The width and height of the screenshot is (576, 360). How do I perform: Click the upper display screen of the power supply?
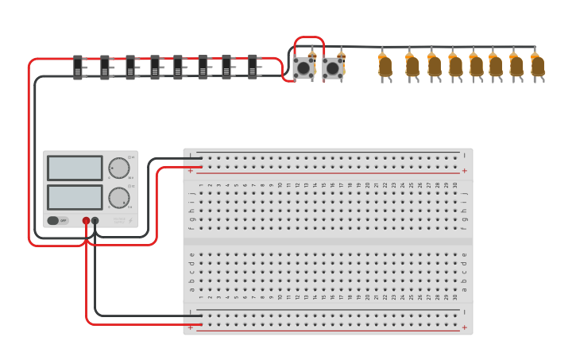pyautogui.click(x=75, y=168)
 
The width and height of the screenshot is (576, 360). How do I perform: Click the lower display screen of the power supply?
pyautogui.click(x=75, y=196)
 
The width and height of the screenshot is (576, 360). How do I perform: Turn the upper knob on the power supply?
pyautogui.click(x=118, y=168)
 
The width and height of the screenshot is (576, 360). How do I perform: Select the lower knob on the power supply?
pyautogui.click(x=118, y=197)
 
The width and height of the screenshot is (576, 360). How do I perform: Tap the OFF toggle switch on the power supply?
pyautogui.click(x=56, y=220)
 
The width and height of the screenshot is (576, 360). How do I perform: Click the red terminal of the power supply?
pyautogui.click(x=86, y=221)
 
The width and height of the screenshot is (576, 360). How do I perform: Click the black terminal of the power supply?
pyautogui.click(x=95, y=221)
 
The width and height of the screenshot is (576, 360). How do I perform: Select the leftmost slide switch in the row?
pyautogui.click(x=78, y=67)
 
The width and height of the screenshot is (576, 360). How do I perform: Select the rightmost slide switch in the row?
pyautogui.click(x=253, y=67)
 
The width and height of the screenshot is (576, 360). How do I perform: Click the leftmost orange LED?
pyautogui.click(x=385, y=66)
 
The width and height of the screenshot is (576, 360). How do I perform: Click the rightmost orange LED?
pyautogui.click(x=538, y=66)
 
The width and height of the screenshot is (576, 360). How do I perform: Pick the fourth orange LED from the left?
pyautogui.click(x=455, y=66)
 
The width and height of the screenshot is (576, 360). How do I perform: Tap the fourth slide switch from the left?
pyautogui.click(x=155, y=67)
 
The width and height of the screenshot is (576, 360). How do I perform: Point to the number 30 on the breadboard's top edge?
pyautogui.click(x=454, y=185)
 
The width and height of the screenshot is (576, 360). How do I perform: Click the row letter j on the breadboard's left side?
pyautogui.click(x=191, y=192)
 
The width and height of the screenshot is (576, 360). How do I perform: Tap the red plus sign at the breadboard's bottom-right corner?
pyautogui.click(x=464, y=327)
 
